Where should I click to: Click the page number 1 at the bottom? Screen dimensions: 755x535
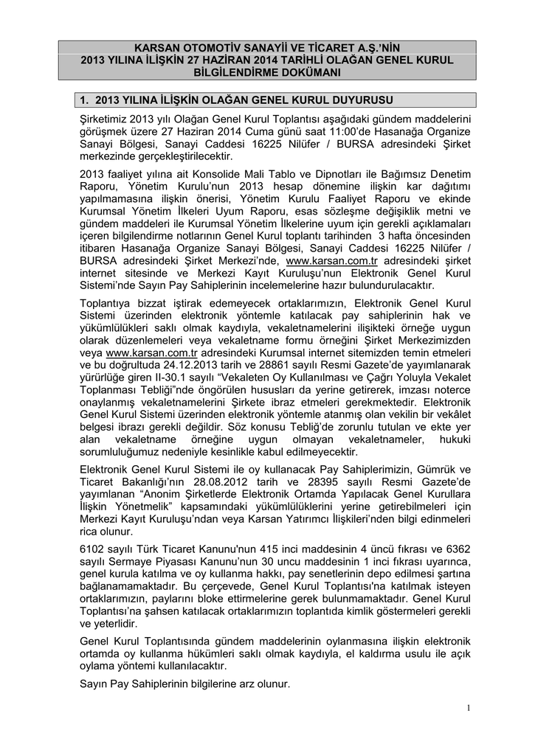468,709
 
